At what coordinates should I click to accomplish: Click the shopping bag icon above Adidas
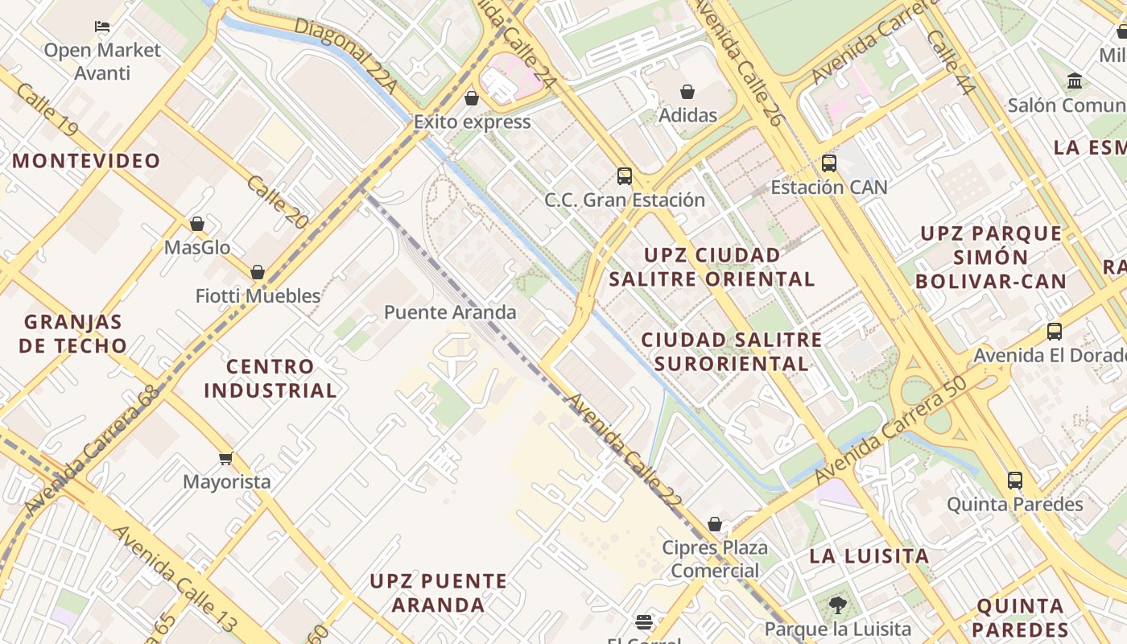[x=687, y=92]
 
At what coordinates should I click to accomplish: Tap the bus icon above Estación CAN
[x=828, y=163]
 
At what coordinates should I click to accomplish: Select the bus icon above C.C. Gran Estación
[x=624, y=176]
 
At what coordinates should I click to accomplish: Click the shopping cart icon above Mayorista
[x=226, y=458]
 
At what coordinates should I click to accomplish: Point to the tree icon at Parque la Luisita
[x=837, y=605]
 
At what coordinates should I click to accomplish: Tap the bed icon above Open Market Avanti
[x=102, y=26]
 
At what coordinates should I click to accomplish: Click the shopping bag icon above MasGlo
[x=197, y=224]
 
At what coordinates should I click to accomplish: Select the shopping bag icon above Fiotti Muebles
[x=258, y=272]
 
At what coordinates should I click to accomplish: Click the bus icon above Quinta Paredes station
[x=1015, y=481]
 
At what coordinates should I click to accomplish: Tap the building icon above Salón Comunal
[x=1074, y=81]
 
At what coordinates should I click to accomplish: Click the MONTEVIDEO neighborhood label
[x=86, y=161]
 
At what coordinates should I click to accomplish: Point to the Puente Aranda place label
[x=450, y=312]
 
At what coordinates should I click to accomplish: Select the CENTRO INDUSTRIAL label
[x=270, y=378]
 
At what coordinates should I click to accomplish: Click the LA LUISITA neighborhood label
[x=869, y=555]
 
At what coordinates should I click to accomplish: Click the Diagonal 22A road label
[x=346, y=55]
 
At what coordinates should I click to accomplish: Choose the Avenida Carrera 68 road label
[x=92, y=451]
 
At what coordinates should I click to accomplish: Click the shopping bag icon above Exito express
[x=472, y=98]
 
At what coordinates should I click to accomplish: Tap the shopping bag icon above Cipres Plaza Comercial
[x=715, y=524]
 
